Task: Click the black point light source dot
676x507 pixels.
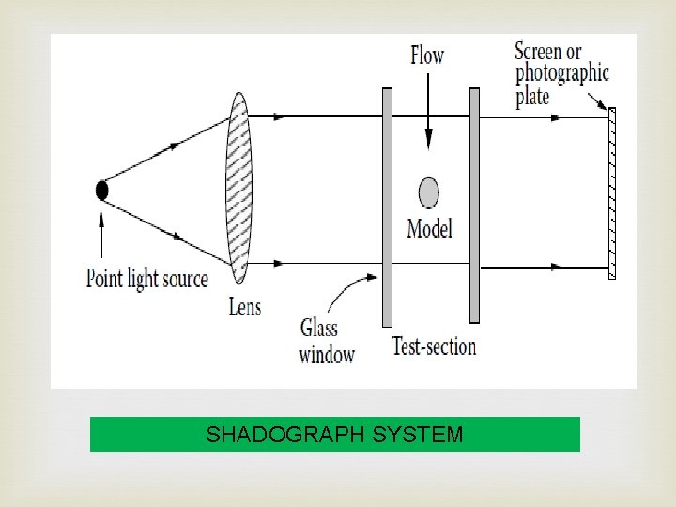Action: pos(101,191)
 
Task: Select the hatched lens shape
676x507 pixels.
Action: pos(238,188)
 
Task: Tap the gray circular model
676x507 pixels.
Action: pos(428,192)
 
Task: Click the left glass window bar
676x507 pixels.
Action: pos(386,207)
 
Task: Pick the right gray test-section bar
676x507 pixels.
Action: pos(474,207)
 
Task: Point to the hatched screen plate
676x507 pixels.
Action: pos(612,193)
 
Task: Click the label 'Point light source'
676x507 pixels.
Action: pos(146,279)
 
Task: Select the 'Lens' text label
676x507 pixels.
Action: pos(244,307)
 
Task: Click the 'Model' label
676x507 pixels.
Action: pos(429,228)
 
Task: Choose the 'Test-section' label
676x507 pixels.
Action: pos(434,346)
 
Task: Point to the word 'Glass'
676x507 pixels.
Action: pos(319,328)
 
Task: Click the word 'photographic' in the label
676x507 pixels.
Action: pos(561,73)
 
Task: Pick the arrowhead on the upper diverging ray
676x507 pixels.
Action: pos(175,146)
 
